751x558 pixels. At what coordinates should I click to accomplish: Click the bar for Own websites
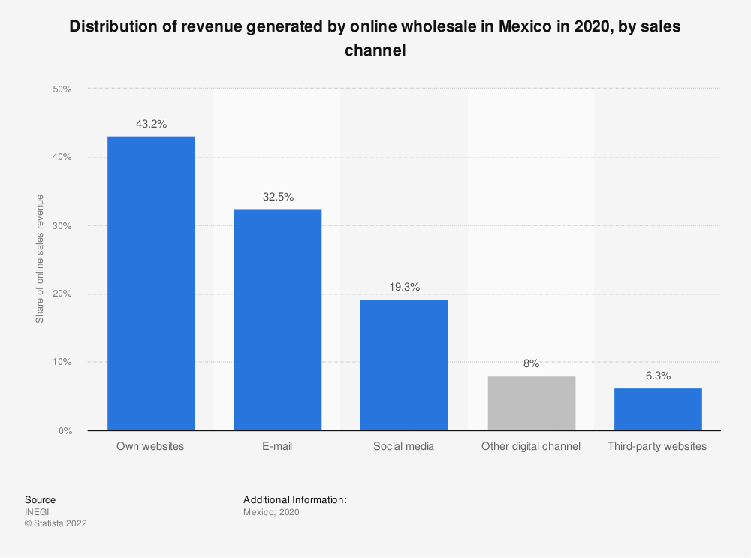pos(152,284)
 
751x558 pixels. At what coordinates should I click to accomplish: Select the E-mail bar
pos(278,320)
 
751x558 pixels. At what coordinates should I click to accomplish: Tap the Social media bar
pos(404,365)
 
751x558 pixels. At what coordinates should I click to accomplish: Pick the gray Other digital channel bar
pos(532,403)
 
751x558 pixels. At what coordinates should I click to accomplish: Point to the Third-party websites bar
pos(658,409)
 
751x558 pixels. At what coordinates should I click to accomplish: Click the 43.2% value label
pos(152,124)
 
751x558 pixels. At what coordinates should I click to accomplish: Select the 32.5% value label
pos(279,197)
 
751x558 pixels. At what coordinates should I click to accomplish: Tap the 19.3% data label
pos(405,287)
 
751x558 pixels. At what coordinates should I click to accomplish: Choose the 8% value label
pos(531,363)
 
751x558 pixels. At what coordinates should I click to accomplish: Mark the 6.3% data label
pos(658,376)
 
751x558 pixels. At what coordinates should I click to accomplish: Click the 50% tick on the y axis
pos(62,89)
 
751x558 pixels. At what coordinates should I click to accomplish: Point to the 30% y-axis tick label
pos(62,225)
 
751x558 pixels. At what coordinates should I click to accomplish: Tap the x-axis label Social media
pos(404,446)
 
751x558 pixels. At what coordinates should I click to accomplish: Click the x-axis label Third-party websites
pos(657,446)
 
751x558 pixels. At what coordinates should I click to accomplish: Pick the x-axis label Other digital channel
pos(531,446)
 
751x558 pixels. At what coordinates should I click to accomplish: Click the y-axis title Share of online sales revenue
pos(39,259)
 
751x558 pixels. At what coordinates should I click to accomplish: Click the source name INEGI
pos(37,512)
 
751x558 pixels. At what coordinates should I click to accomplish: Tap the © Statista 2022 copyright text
pos(56,523)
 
